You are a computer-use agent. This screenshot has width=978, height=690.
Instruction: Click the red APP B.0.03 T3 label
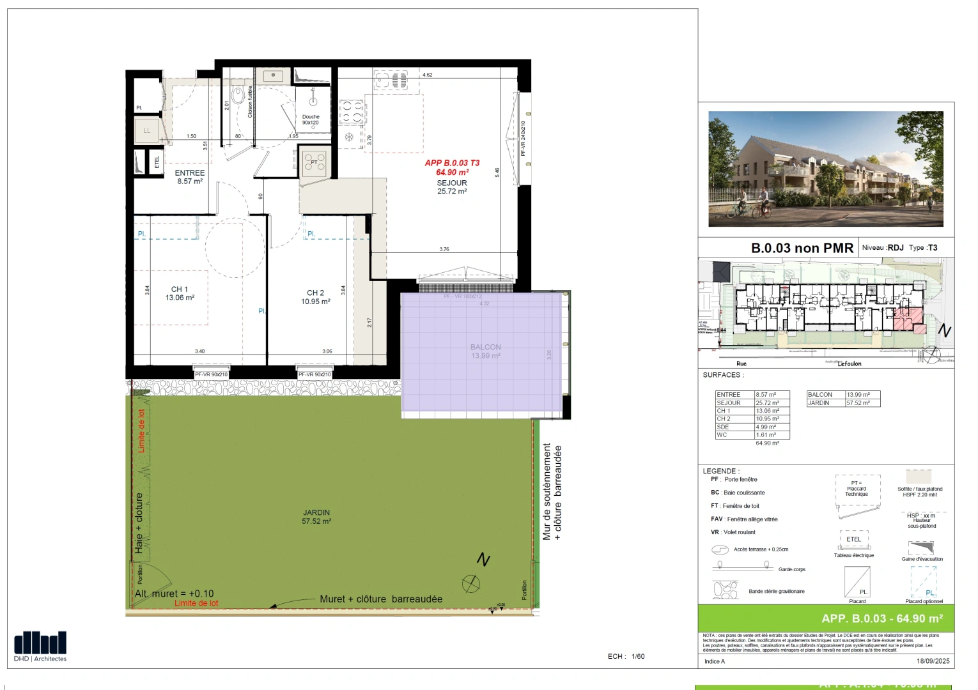[452, 163]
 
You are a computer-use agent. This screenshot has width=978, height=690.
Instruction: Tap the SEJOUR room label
[452, 183]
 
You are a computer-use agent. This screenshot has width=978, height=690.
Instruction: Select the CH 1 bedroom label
[180, 289]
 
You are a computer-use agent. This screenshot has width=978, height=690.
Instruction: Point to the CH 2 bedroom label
[316, 293]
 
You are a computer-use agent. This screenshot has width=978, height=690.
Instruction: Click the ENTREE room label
[190, 173]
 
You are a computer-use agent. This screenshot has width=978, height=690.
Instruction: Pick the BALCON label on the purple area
[486, 347]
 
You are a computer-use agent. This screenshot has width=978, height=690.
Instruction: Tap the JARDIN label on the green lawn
[316, 512]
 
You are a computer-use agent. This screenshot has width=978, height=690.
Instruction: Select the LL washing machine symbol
[147, 130]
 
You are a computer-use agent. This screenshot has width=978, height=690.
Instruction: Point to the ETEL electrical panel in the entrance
[157, 162]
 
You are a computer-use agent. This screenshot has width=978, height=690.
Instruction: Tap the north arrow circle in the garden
[471, 583]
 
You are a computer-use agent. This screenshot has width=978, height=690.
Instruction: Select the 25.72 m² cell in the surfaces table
[772, 403]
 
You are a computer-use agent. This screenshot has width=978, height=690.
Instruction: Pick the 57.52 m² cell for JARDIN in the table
[862, 403]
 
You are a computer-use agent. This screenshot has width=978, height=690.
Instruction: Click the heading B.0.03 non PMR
[802, 248]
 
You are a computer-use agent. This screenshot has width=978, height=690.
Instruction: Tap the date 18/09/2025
[933, 661]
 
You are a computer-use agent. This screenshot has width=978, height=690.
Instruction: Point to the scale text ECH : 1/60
[626, 656]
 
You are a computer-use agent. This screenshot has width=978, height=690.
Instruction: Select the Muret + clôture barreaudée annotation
[381, 599]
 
